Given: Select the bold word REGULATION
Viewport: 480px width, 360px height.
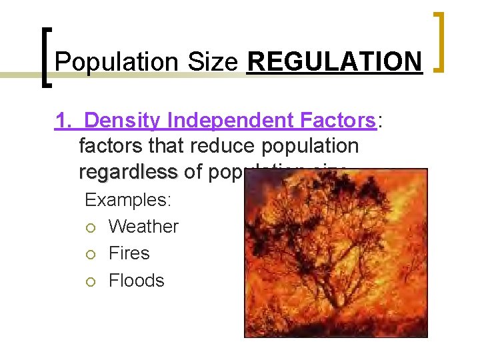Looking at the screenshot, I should tap(335, 62).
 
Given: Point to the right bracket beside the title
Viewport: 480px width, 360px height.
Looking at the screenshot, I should tap(440, 41).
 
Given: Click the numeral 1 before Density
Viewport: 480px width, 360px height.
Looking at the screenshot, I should tap(62, 121).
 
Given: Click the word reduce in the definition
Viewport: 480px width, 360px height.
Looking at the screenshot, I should tap(221, 146).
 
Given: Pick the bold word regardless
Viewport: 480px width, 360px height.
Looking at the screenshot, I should tap(128, 171).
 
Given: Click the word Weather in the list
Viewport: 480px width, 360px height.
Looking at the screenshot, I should tap(143, 227).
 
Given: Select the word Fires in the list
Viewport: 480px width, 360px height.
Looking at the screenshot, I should tap(129, 253).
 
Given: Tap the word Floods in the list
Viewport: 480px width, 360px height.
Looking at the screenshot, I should tap(136, 281).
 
